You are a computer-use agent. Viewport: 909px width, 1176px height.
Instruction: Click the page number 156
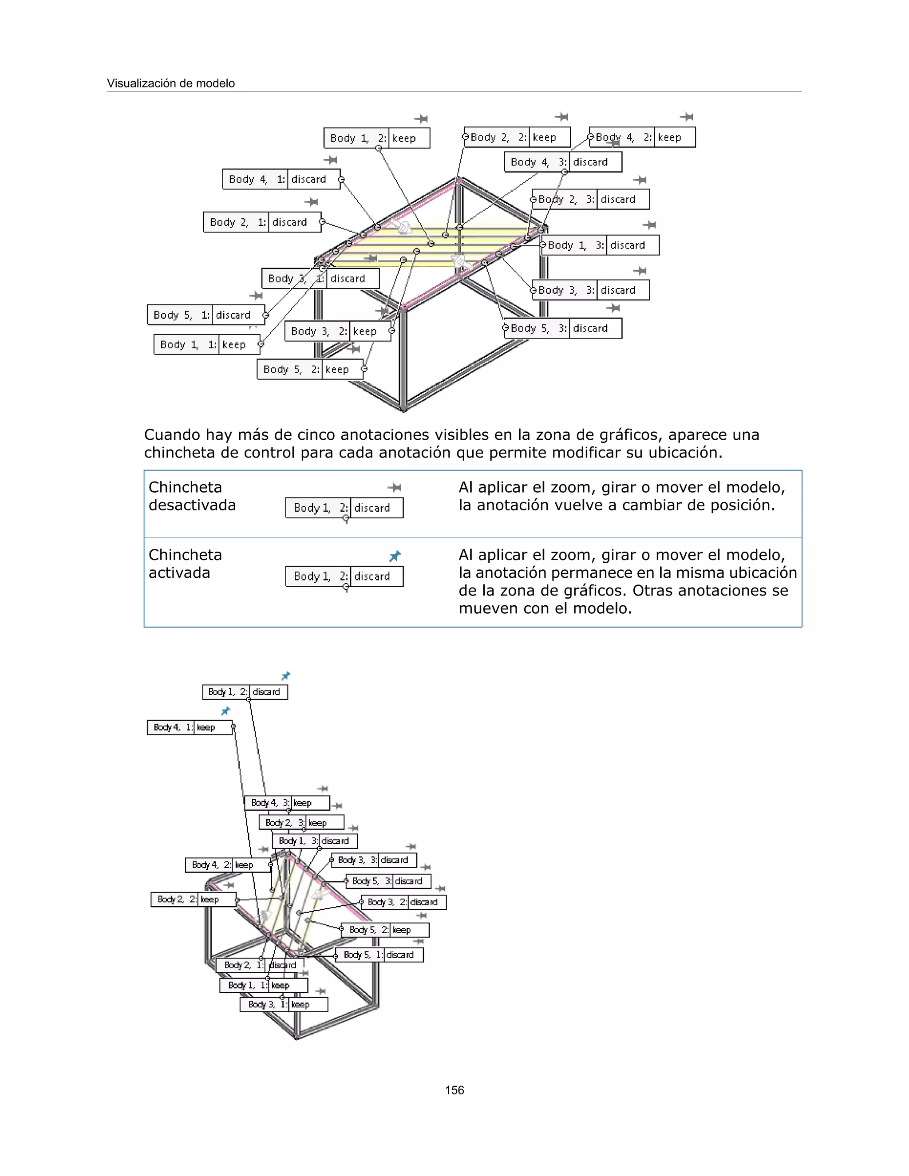pyautogui.click(x=454, y=1090)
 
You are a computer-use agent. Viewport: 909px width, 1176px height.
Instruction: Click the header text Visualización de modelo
pyautogui.click(x=171, y=83)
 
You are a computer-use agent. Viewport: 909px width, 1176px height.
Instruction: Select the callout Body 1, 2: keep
pyautogui.click(x=376, y=138)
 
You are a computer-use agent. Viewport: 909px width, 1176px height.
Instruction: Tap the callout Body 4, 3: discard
pyautogui.click(x=563, y=162)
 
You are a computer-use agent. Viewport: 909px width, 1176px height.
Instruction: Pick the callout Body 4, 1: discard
pyautogui.click(x=281, y=179)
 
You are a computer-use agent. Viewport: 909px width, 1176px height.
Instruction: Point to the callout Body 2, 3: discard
pyautogui.click(x=591, y=199)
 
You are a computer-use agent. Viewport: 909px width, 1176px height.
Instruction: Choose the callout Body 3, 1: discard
pyautogui.click(x=320, y=278)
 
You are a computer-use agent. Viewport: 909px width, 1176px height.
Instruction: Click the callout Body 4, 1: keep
pyautogui.click(x=189, y=727)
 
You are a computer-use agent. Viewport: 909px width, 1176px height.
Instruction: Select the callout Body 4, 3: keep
pyautogui.click(x=286, y=803)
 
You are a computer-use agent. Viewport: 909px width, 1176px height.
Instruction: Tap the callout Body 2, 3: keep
pyautogui.click(x=301, y=823)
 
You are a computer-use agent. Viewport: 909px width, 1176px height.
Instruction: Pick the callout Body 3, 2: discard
pyautogui.click(x=403, y=902)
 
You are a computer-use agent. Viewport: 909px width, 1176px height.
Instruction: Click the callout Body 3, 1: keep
pyautogui.click(x=284, y=1004)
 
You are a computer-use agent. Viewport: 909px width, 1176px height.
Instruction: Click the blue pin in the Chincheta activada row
pyautogui.click(x=395, y=556)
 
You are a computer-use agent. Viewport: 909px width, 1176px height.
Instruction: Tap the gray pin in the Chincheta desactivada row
pyautogui.click(x=394, y=488)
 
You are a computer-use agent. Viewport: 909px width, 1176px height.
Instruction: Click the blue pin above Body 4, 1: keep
pyautogui.click(x=225, y=711)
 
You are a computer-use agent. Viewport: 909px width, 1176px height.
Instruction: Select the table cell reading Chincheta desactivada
pyautogui.click(x=192, y=496)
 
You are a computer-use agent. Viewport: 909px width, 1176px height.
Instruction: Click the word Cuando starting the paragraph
pyautogui.click(x=172, y=434)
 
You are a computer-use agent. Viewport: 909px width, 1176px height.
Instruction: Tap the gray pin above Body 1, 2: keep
pyautogui.click(x=421, y=118)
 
